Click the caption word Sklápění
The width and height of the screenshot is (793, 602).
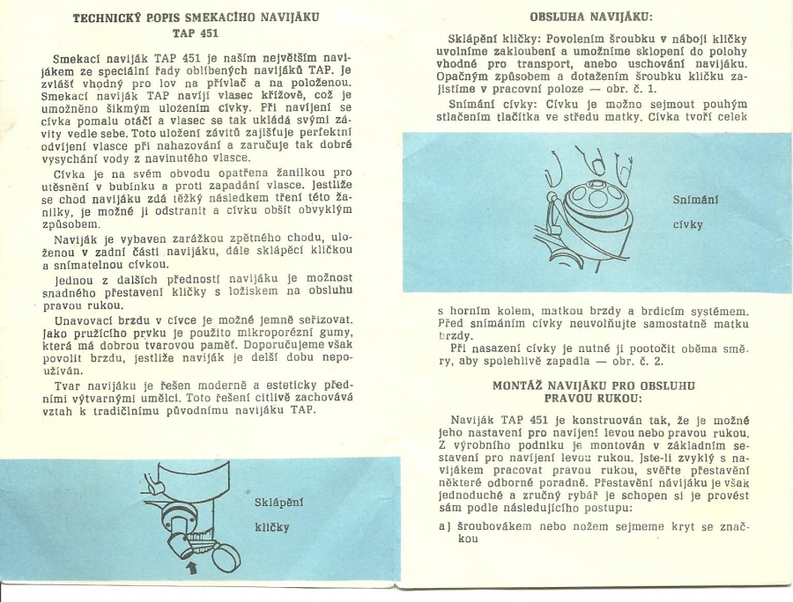point(278,502)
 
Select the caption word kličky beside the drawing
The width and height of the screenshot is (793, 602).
point(271,528)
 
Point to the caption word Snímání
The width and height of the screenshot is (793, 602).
point(695,200)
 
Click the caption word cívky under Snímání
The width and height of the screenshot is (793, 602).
point(688,224)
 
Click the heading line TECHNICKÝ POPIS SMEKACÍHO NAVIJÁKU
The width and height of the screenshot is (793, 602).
point(196,18)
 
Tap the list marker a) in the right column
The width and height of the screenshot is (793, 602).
point(444,525)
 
